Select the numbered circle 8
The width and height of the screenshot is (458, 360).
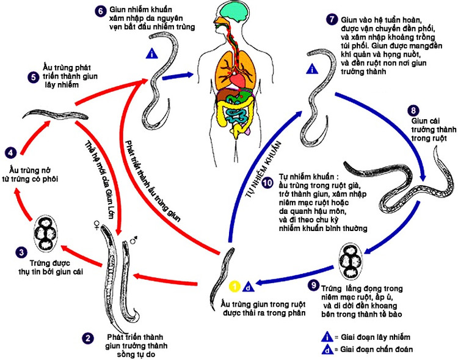point(413,111)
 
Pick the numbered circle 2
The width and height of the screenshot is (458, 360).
point(89,336)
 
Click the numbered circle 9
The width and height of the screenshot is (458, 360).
point(313,285)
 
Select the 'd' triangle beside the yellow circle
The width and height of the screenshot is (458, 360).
point(247,285)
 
